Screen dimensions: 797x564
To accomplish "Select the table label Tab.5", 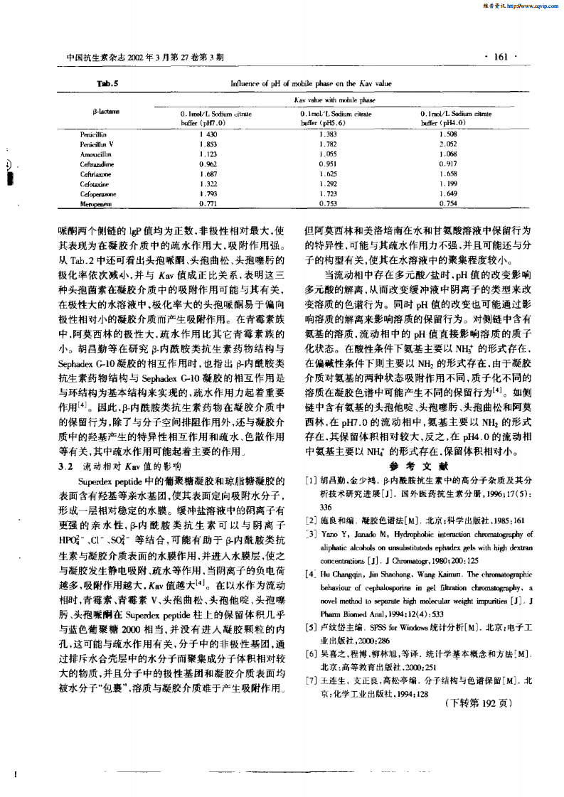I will pos(107,83).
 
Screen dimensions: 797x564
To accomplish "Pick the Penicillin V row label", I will pos(98,144).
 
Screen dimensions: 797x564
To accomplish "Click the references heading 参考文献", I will pos(417,466).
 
